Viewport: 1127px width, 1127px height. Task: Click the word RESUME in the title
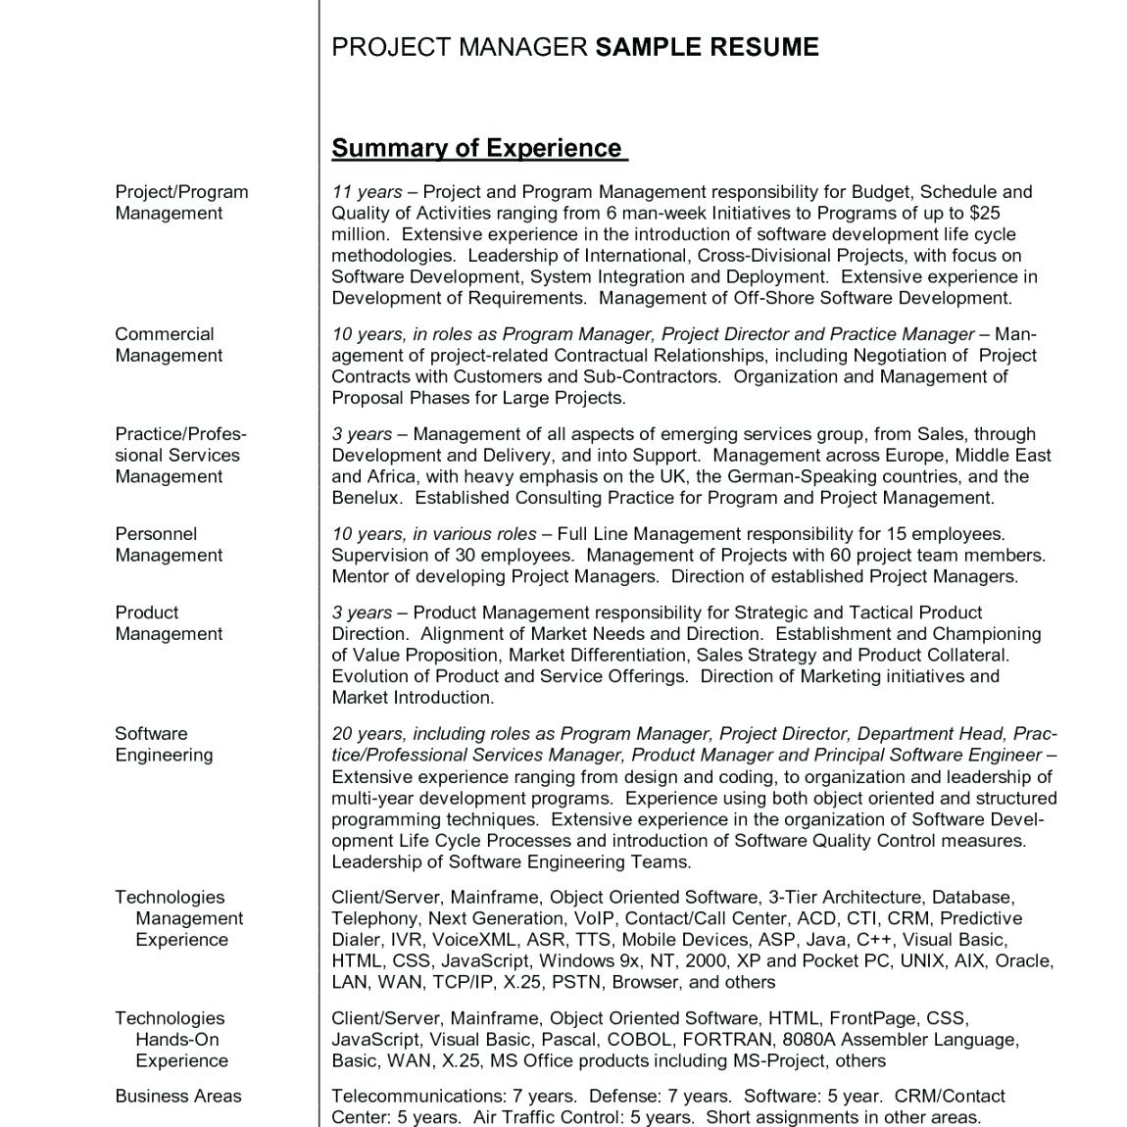tap(761, 47)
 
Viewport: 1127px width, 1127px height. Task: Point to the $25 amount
tap(984, 213)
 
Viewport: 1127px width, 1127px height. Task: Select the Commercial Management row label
tap(168, 345)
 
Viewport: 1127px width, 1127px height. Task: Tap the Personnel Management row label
tap(168, 545)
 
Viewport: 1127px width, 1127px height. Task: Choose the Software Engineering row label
tap(163, 744)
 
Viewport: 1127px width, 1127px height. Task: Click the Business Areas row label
tap(177, 1096)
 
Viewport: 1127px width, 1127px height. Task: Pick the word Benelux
tap(366, 498)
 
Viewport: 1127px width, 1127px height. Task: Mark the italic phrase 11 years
tap(366, 192)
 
